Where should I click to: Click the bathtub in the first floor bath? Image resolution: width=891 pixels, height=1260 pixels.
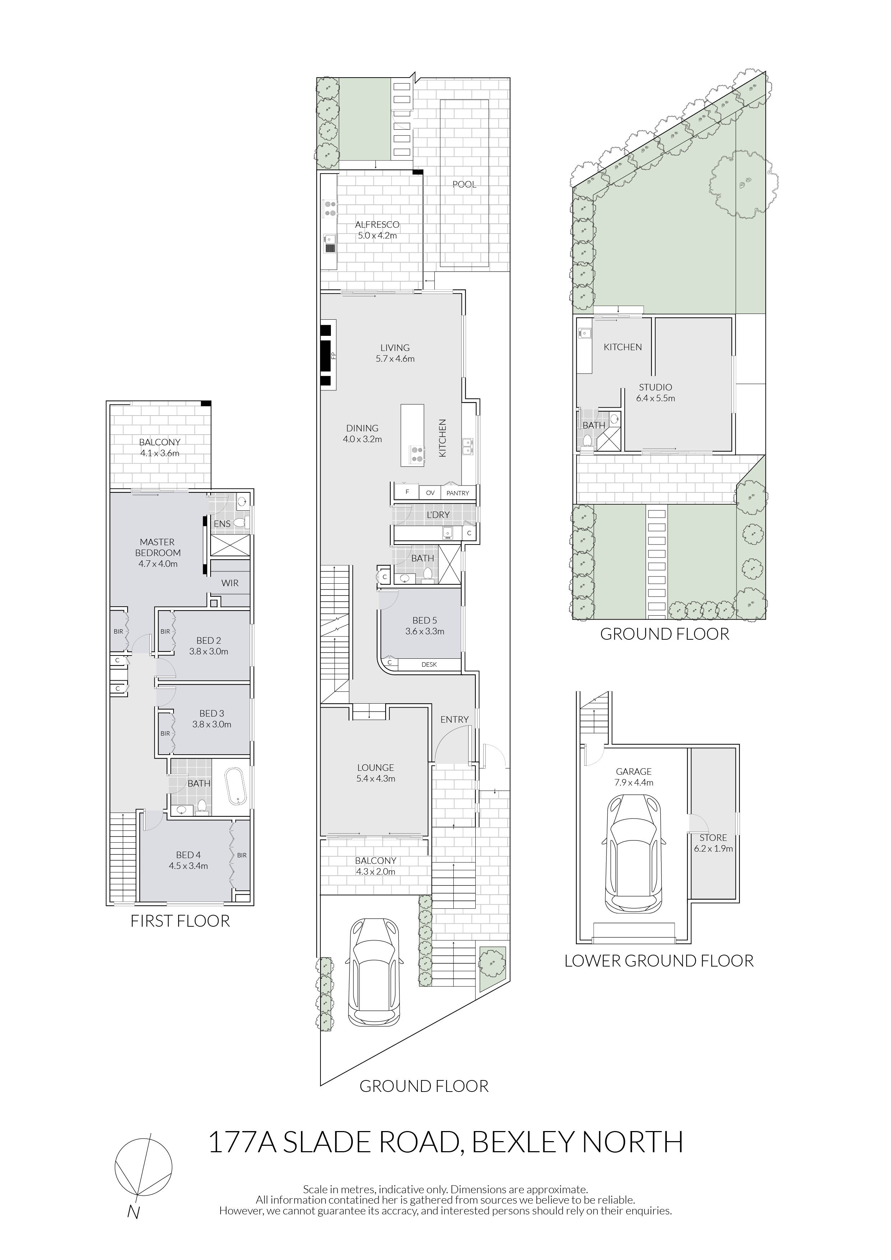(x=237, y=789)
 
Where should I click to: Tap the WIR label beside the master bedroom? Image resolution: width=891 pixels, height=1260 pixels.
(x=230, y=583)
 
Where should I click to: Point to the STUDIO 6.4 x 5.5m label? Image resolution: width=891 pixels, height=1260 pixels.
(x=655, y=393)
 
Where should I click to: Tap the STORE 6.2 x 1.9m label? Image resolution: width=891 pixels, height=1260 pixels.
(x=713, y=843)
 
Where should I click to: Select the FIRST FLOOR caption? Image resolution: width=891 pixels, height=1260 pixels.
(x=180, y=921)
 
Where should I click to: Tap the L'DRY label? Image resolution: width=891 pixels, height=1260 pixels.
(x=438, y=515)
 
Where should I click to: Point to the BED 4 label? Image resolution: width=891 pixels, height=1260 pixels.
(x=188, y=855)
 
